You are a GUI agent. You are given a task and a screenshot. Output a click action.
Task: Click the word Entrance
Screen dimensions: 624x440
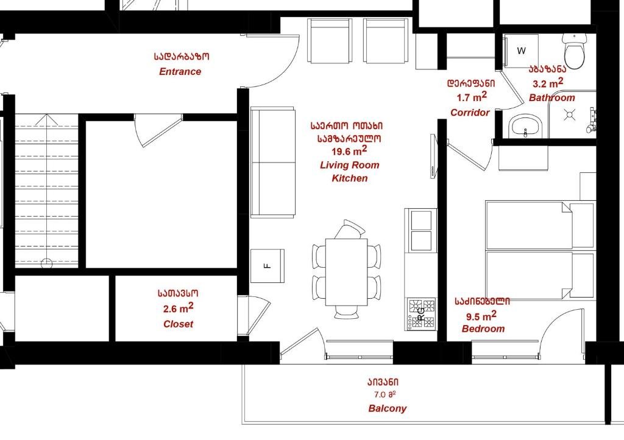tap(180, 72)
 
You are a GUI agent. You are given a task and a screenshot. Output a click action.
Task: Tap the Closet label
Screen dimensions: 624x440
tap(178, 324)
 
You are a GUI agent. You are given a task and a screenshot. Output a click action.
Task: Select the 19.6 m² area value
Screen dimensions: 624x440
tap(349, 151)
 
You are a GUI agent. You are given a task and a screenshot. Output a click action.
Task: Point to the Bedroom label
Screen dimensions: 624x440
tap(483, 329)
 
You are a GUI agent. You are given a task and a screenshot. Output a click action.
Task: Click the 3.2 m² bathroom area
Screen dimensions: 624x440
tap(548, 83)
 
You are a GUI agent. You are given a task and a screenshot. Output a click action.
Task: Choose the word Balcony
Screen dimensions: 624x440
tap(387, 408)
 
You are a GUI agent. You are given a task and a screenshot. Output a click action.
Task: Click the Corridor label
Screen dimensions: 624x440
tap(470, 113)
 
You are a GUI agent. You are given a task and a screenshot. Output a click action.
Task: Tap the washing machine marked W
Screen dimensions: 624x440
tap(521, 51)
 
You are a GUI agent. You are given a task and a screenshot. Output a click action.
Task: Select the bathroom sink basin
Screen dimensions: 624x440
tap(525, 127)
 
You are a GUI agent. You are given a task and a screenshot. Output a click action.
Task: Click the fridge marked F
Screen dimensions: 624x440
tap(268, 266)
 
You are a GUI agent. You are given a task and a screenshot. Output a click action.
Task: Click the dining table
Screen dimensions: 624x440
tap(346, 272)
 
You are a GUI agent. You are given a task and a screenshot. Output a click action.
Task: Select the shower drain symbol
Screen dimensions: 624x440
tap(570, 115)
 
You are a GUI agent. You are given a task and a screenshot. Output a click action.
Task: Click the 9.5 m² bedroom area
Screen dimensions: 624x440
tap(481, 316)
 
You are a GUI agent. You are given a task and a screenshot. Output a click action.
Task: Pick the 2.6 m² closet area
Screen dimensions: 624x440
tap(179, 308)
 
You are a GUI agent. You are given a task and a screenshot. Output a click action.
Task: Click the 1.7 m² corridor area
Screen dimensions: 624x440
tap(472, 97)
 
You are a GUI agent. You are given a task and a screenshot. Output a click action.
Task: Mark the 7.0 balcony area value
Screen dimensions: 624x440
tap(385, 395)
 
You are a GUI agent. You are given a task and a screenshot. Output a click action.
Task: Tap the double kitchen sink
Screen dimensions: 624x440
tap(421, 231)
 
